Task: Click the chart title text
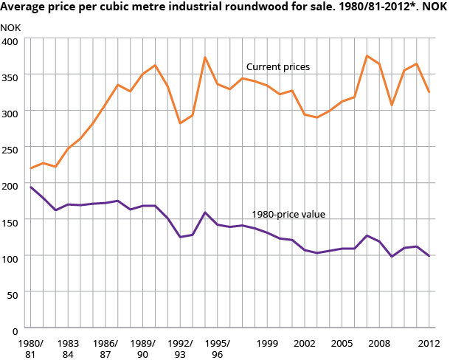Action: pyautogui.click(x=219, y=8)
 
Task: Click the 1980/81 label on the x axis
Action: pyautogui.click(x=31, y=348)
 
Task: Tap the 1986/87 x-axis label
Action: pyautogui.click(x=105, y=348)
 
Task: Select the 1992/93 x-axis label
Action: pyautogui.click(x=180, y=348)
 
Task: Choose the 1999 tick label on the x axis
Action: pyautogui.click(x=267, y=344)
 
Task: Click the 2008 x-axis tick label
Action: pyautogui.click(x=379, y=344)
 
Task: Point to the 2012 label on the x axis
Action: pyautogui.click(x=429, y=344)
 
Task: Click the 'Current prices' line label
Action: pyautogui.click(x=277, y=67)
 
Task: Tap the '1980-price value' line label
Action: pyautogui.click(x=288, y=215)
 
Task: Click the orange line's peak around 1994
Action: pyautogui.click(x=205, y=58)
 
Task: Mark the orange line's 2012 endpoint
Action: pyautogui.click(x=429, y=92)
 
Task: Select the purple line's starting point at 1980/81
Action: pyautogui.click(x=31, y=187)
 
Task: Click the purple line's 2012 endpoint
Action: pyautogui.click(x=429, y=256)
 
